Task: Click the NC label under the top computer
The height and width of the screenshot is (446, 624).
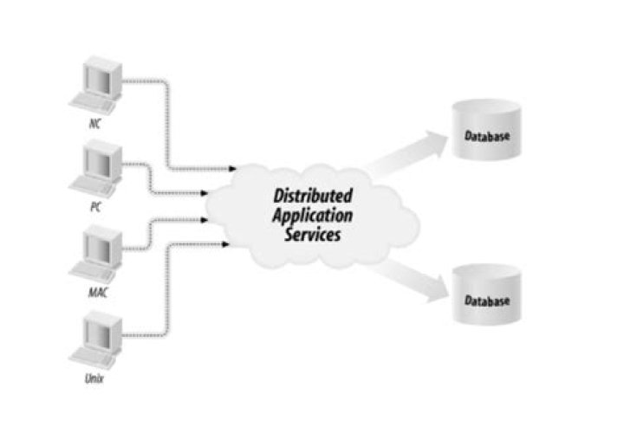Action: (94, 123)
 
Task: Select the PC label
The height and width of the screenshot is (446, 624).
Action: (96, 207)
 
